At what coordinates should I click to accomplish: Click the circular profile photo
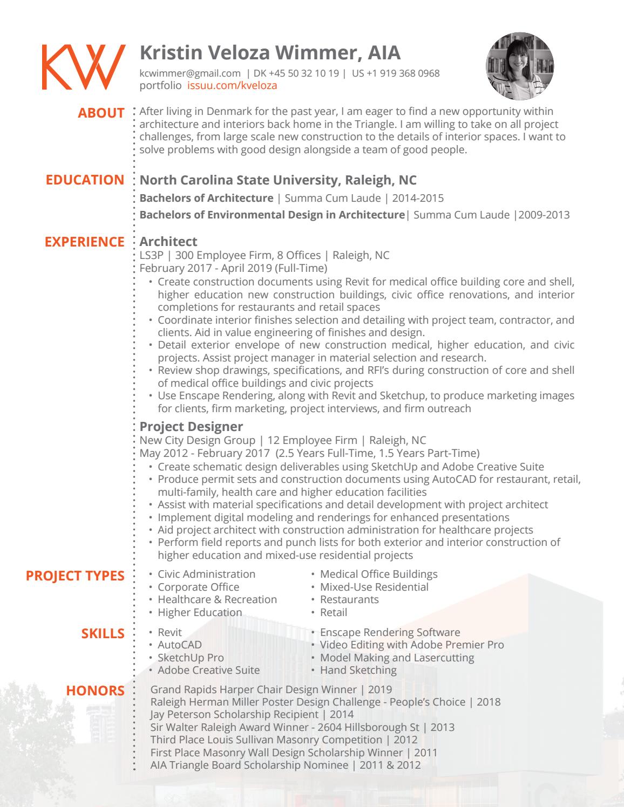tap(520, 66)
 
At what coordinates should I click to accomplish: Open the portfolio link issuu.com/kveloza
tap(232, 85)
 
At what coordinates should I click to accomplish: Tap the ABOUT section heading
tap(101, 113)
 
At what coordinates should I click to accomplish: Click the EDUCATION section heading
tap(85, 180)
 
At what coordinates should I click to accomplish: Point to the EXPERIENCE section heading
tap(84, 242)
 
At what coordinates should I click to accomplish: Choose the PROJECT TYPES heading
tap(75, 576)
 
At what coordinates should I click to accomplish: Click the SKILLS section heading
tap(103, 633)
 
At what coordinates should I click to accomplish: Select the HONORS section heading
tap(95, 690)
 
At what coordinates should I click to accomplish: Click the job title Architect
tap(168, 242)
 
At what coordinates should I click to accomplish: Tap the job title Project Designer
tap(191, 427)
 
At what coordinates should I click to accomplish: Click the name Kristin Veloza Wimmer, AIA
tap(270, 53)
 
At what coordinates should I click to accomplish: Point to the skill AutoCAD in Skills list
tap(179, 645)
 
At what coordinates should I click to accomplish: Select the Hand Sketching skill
tap(358, 670)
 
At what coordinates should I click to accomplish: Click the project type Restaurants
tap(349, 599)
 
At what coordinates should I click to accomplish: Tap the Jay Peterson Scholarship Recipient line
tap(252, 714)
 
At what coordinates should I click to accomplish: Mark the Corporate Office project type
tap(198, 587)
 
